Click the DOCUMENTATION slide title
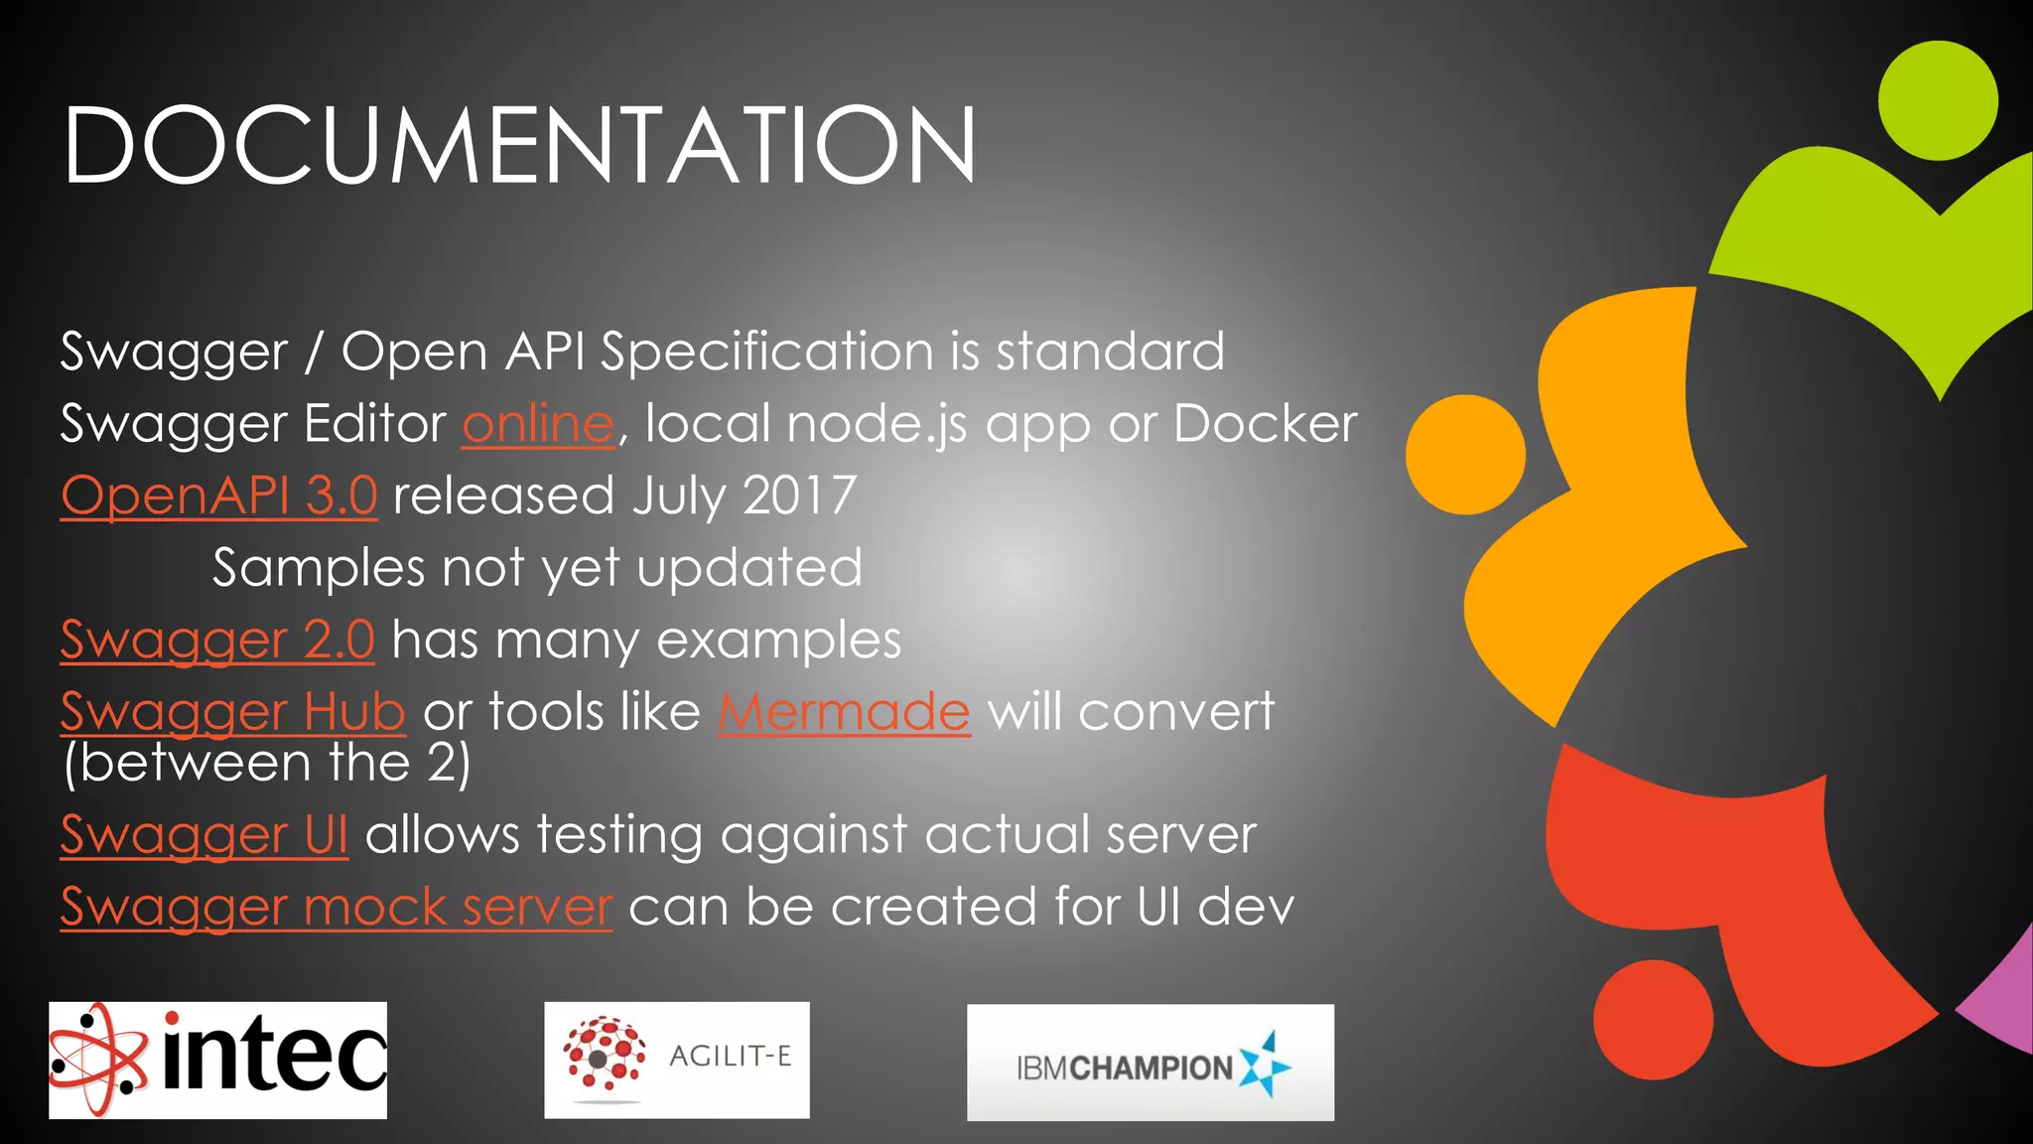point(519,146)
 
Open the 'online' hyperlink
point(538,424)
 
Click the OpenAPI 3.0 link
point(218,496)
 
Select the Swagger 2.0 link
point(216,640)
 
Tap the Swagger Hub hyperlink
point(232,712)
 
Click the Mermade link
point(844,712)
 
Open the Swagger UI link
point(203,834)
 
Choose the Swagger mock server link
point(336,907)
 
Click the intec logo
point(217,1060)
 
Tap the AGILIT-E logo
point(676,1060)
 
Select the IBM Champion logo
point(1150,1063)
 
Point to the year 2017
point(799,496)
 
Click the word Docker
point(1265,424)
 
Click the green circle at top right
point(1937,100)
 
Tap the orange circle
point(1465,455)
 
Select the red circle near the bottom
point(1653,1019)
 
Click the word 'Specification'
point(766,352)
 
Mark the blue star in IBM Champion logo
point(1266,1065)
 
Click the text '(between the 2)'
point(266,764)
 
